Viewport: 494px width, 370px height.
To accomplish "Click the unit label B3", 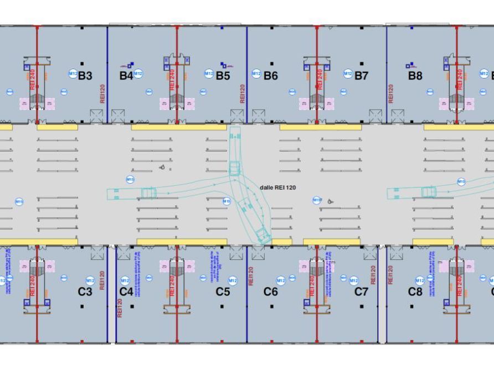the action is coord(85,76).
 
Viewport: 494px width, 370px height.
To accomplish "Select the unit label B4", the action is coord(126,76).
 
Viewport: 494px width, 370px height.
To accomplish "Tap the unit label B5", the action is coord(223,76).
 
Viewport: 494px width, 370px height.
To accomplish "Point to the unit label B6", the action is coord(270,76).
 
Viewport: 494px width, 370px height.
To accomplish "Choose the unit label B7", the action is coord(361,76).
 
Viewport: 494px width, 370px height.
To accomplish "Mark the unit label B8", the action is coord(415,76).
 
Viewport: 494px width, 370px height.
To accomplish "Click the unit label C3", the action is coord(85,291).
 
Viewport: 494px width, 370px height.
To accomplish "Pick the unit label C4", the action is coord(126,291).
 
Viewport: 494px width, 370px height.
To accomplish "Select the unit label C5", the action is coord(223,291).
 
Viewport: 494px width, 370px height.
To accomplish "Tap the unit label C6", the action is coord(270,291).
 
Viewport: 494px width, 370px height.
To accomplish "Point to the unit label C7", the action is coord(361,291).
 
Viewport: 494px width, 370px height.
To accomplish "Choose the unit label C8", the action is coord(415,291).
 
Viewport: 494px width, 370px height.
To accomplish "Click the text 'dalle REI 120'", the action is coord(277,187).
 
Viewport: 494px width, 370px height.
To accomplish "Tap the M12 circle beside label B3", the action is coord(73,73).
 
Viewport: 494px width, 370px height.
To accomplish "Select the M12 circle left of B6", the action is coord(256,74).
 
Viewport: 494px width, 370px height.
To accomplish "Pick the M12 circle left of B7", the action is coord(348,74).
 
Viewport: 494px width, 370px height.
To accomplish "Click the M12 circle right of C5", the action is coord(233,281).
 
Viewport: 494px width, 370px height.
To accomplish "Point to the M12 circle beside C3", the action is coord(91,281).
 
